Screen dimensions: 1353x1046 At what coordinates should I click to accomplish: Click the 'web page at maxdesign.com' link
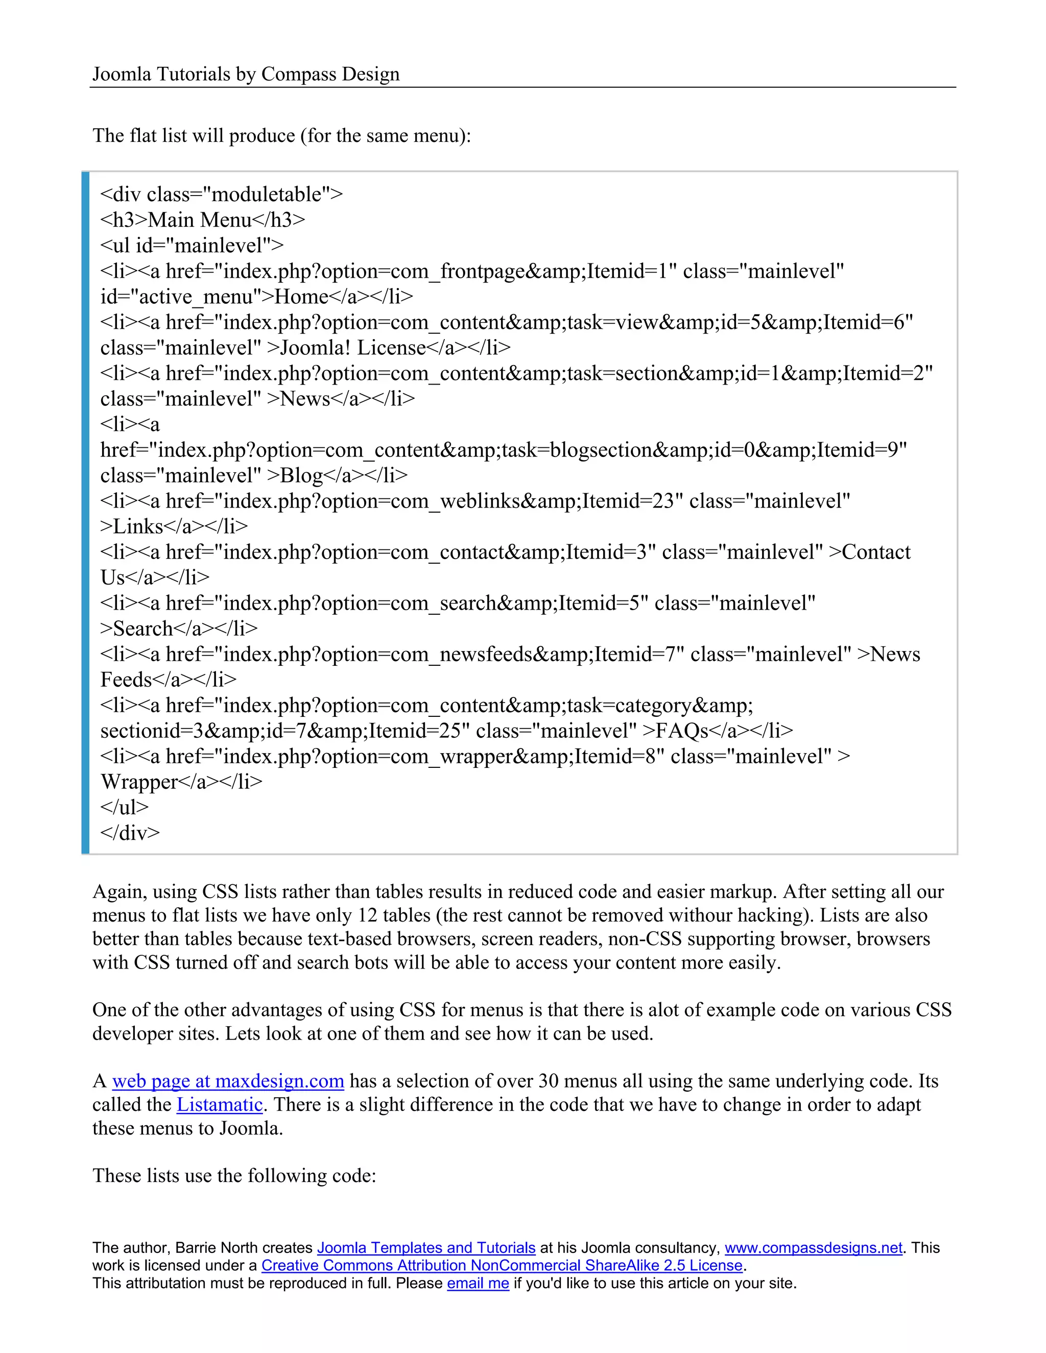coord(227,1081)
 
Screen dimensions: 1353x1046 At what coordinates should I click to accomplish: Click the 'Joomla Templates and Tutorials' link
coord(426,1248)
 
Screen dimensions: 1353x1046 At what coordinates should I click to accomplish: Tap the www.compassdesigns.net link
coord(813,1248)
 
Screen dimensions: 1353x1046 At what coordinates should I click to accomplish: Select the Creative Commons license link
coord(502,1266)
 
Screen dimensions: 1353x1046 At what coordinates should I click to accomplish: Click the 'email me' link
coord(478,1283)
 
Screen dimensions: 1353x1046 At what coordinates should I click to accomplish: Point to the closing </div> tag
coord(130,833)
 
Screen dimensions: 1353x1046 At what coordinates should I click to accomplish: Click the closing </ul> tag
coord(125,807)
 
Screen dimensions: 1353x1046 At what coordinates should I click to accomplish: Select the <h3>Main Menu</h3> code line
coord(203,220)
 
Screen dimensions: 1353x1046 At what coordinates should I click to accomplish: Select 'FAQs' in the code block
coord(682,731)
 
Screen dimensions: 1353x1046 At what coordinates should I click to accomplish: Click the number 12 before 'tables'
coord(367,915)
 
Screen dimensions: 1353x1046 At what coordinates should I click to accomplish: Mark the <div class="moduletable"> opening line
coord(221,195)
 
